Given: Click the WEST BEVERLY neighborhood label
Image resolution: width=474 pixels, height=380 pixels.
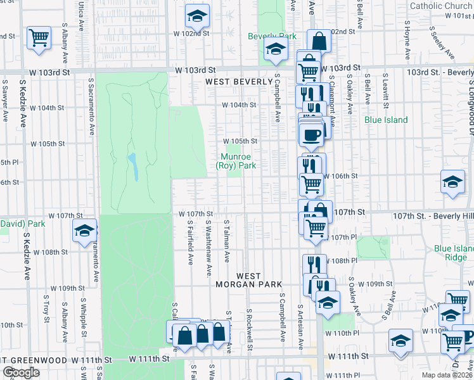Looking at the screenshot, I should click(238, 82).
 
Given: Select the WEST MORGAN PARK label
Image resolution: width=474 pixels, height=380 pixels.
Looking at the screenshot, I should click(248, 281).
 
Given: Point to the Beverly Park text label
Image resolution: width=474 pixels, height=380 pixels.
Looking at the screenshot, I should click(272, 36).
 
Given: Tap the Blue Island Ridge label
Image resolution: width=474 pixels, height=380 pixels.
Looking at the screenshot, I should click(451, 253).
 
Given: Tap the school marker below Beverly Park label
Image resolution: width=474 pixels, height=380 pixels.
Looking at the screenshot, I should click(276, 49).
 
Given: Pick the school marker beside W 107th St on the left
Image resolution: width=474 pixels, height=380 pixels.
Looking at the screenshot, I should click(84, 231).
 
